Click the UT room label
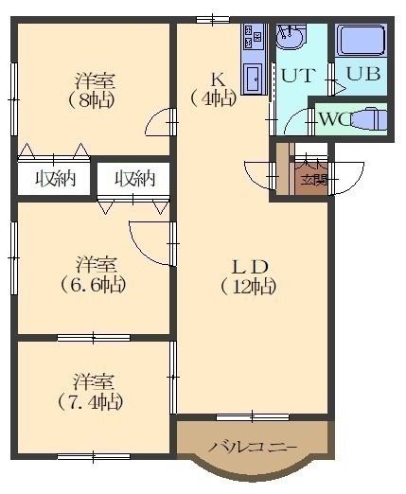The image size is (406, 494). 298,75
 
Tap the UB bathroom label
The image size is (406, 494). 362,74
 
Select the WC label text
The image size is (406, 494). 335,119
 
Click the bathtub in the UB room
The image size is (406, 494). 361,41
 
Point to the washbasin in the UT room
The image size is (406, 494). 290,37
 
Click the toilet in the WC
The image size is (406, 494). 368,119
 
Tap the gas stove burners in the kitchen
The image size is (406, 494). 253,36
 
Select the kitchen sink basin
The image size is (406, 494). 254,78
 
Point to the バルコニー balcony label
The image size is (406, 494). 253,447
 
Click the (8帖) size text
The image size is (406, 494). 91,100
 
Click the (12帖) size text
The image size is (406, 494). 249,287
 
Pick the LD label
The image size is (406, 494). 250,267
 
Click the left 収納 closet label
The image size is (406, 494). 55,179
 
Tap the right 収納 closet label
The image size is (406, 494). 134,179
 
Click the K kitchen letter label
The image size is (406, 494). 218,79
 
